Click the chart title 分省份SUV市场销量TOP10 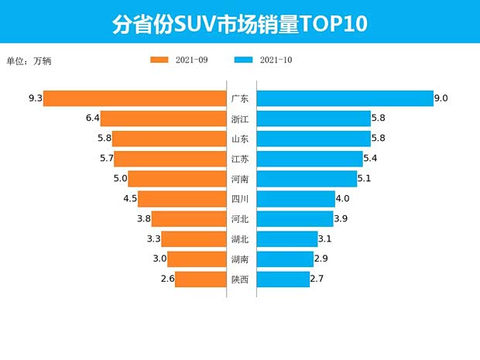239,23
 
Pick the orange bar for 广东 134,98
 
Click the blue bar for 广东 345,98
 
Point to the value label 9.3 34,98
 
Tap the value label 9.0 441,98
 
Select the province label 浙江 240,118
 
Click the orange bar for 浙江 163,118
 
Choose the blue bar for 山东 314,139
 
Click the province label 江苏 240,159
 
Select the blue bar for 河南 307,179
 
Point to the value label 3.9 341,219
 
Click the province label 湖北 240,239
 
